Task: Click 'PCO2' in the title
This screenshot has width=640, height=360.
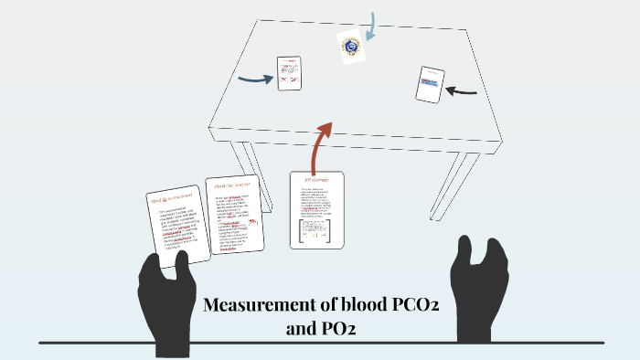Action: tap(408, 305)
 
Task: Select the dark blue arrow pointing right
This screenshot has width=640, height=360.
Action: tap(255, 79)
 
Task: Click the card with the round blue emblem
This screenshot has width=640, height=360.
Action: tap(350, 46)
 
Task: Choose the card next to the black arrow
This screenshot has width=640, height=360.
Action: tap(430, 85)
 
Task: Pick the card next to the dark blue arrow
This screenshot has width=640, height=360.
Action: tap(290, 73)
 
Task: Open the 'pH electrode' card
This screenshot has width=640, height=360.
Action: tap(316, 209)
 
